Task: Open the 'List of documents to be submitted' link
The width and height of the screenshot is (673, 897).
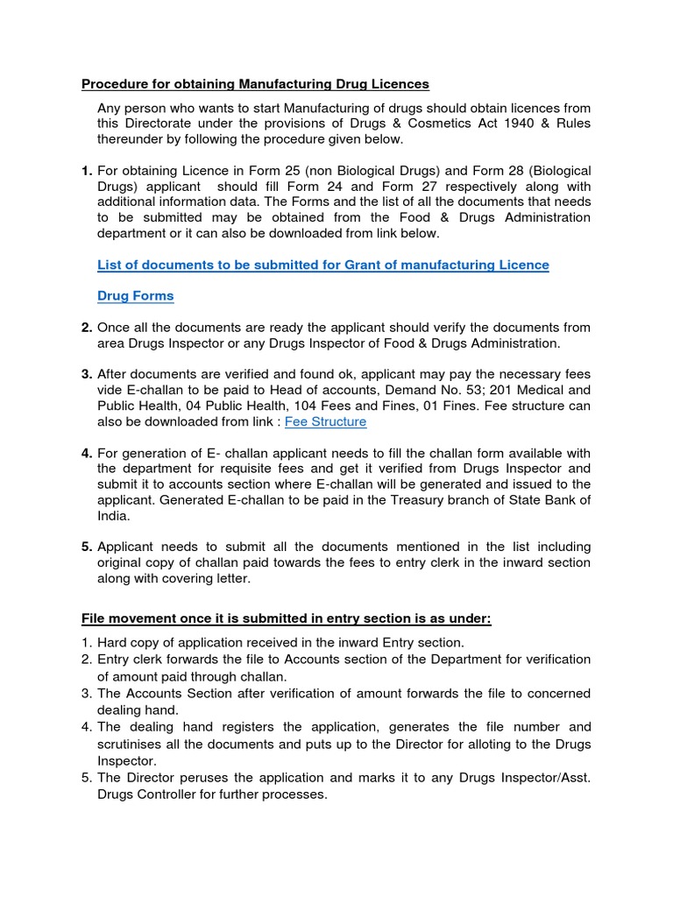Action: click(322, 265)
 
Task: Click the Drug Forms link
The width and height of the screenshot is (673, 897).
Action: click(135, 296)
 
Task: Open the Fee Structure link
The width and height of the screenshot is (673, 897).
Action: click(326, 422)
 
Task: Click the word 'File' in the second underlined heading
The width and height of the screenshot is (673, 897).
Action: click(95, 619)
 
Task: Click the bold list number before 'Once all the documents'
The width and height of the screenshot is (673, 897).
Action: click(87, 328)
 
